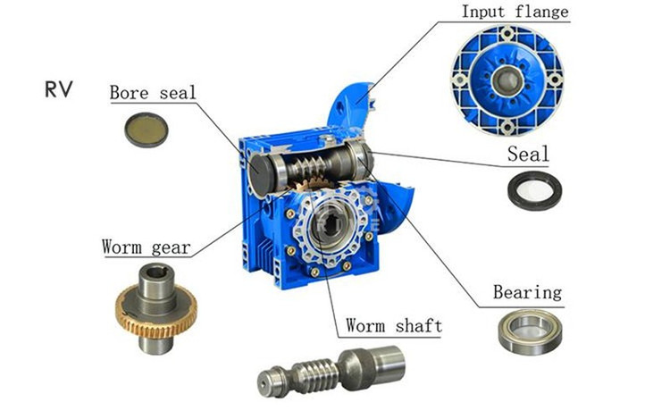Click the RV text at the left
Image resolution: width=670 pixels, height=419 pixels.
click(59, 89)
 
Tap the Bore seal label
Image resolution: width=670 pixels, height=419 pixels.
click(153, 93)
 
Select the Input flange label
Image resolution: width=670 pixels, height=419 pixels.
click(515, 12)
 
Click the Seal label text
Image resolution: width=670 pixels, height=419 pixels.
click(528, 154)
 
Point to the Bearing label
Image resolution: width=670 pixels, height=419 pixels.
click(527, 292)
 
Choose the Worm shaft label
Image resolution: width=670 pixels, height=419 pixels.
click(394, 325)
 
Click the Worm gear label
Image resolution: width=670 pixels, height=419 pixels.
click(147, 247)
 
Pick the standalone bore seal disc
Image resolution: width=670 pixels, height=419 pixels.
click(147, 130)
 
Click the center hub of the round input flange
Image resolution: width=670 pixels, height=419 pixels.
click(507, 80)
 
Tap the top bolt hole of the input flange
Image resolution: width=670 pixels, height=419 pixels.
click(507, 33)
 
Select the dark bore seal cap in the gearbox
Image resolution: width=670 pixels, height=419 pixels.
click(260, 172)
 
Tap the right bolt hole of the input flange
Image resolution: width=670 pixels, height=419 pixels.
click(555, 80)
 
